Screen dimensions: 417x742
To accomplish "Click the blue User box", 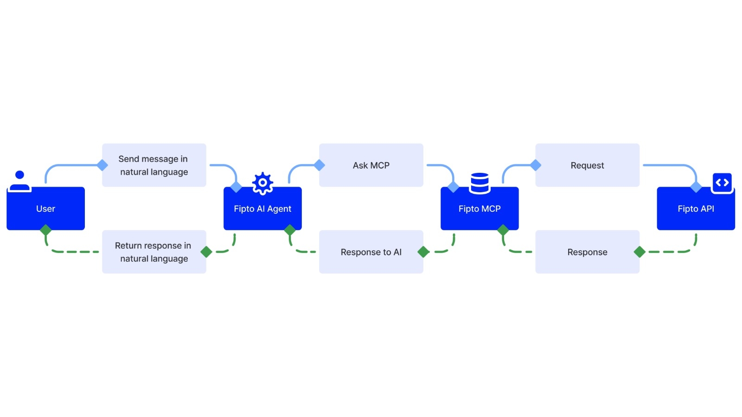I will pyautogui.click(x=45, y=208).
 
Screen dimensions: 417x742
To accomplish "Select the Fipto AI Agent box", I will pyautogui.click(x=262, y=208).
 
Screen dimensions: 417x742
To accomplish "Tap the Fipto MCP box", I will pyautogui.click(x=479, y=208).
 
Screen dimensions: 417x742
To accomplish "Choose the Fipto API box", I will pyautogui.click(x=696, y=208).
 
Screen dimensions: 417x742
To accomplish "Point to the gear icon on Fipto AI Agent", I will pyautogui.click(x=262, y=183).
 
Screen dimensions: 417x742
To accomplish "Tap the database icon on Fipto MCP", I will pyautogui.click(x=480, y=183).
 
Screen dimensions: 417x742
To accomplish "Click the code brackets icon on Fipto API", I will pyautogui.click(x=722, y=183).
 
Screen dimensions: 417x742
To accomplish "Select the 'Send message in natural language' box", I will pyautogui.click(x=154, y=165).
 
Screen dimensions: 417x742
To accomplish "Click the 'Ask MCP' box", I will pyautogui.click(x=371, y=165).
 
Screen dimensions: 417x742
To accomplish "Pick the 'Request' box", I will pyautogui.click(x=587, y=165).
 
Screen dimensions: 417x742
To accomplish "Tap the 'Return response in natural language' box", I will pyautogui.click(x=154, y=252).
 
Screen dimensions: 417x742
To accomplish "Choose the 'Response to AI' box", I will pyautogui.click(x=371, y=252).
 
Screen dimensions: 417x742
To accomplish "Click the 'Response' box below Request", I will pyautogui.click(x=587, y=252).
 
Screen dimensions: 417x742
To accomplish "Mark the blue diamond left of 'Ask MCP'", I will pyautogui.click(x=319, y=165).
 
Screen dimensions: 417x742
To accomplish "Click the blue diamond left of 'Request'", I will pyautogui.click(x=536, y=165).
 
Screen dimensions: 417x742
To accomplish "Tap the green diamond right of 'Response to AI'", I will pyautogui.click(x=423, y=252).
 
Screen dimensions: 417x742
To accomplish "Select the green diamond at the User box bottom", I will pyautogui.click(x=45, y=230).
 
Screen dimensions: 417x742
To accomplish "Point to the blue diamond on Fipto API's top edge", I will pyautogui.click(x=696, y=187).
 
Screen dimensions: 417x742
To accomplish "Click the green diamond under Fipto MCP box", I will pyautogui.click(x=503, y=230).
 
